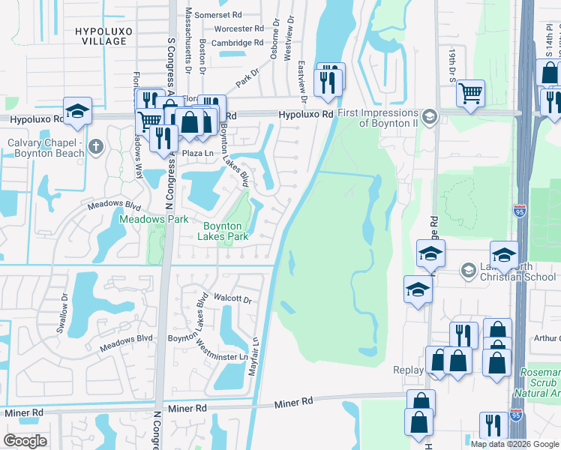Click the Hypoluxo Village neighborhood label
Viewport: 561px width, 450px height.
101,35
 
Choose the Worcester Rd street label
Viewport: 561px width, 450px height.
238,28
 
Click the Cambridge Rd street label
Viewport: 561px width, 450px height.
236,43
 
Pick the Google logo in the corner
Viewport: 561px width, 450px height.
25,440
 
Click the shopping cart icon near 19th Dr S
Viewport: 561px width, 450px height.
470,93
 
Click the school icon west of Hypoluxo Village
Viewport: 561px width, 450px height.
76,111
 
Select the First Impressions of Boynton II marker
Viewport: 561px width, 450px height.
429,116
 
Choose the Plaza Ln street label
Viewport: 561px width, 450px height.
197,153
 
